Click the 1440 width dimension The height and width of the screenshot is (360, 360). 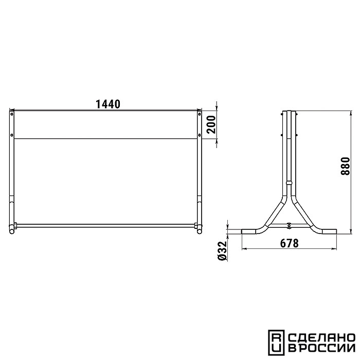(107, 104)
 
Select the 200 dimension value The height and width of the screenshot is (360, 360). (211, 124)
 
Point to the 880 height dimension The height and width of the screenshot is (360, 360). (345, 166)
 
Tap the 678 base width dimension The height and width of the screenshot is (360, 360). (289, 243)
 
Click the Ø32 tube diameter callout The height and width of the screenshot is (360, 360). (222, 251)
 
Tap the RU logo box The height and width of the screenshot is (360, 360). (277, 343)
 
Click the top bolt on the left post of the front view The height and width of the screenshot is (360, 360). (12, 114)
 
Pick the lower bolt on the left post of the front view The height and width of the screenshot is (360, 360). (12, 135)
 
